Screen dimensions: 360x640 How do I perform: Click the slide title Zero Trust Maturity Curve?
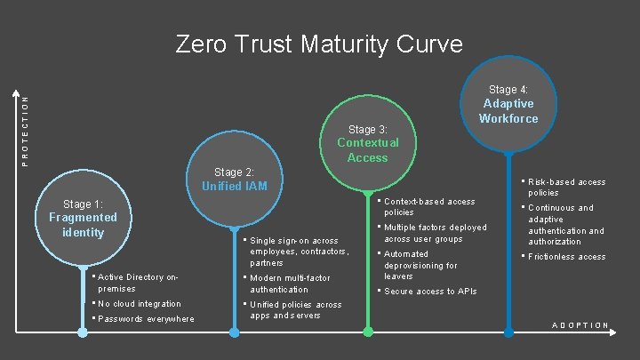coord(319,44)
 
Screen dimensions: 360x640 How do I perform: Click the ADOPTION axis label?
coord(580,325)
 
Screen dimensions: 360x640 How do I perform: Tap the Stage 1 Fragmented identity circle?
coord(83,218)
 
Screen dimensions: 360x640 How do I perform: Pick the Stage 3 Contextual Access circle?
coord(368,143)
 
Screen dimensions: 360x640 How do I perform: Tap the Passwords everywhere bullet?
coord(145,319)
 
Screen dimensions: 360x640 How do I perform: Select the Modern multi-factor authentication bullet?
coord(290,284)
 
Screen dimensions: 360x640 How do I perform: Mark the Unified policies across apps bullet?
coord(295,310)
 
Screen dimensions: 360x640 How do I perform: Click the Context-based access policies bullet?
coord(429,207)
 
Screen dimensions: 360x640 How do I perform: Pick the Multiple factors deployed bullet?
coord(435,233)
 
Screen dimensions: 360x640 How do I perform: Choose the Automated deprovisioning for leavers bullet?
coord(420,265)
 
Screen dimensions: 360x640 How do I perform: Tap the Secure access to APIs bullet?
coord(430,292)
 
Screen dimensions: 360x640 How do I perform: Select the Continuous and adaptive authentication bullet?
coord(566,225)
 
